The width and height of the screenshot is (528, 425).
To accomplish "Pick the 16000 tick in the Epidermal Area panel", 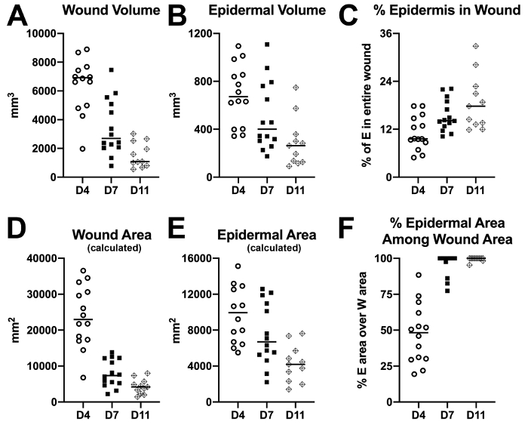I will pyautogui.click(x=210, y=258).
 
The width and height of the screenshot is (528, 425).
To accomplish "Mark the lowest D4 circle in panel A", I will pyautogui.click(x=82, y=149).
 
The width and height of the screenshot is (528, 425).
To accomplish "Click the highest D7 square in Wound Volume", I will pyautogui.click(x=112, y=70).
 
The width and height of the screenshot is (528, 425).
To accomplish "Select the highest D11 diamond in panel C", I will pyautogui.click(x=475, y=47).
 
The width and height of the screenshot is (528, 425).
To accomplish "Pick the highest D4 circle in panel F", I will pyautogui.click(x=419, y=276).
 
